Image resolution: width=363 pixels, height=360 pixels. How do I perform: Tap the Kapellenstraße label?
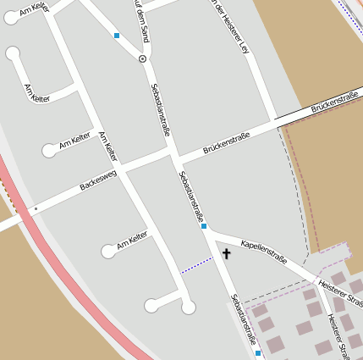click(263, 252)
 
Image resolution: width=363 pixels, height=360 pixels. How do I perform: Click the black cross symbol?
click(226, 253)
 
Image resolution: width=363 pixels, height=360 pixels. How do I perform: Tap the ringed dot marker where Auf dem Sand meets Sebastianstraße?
click(142, 58)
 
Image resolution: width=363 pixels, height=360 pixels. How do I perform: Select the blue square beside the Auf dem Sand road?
click(117, 36)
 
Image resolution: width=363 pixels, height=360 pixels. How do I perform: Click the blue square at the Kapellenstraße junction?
click(204, 226)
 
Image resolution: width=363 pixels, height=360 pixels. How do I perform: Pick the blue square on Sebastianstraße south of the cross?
click(258, 352)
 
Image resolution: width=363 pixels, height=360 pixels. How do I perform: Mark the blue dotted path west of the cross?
click(196, 263)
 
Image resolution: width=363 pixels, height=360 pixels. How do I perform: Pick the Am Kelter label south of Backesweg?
click(132, 240)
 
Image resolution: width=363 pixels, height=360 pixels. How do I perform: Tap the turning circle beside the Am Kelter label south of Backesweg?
click(108, 251)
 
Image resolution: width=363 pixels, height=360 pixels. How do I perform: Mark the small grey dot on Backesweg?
click(36, 208)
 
